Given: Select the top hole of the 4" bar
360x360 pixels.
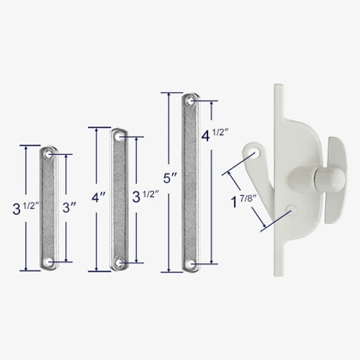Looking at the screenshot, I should pyautogui.click(x=119, y=136).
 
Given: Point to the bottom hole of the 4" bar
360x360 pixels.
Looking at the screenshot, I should pyautogui.click(x=119, y=263).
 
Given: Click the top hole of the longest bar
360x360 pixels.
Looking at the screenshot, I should pyautogui.click(x=189, y=101).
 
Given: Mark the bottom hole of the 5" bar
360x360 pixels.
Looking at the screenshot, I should pyautogui.click(x=189, y=263).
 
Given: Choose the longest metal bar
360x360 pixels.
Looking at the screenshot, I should pyautogui.click(x=189, y=182).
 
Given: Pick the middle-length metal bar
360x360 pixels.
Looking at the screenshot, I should pyautogui.click(x=119, y=199).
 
